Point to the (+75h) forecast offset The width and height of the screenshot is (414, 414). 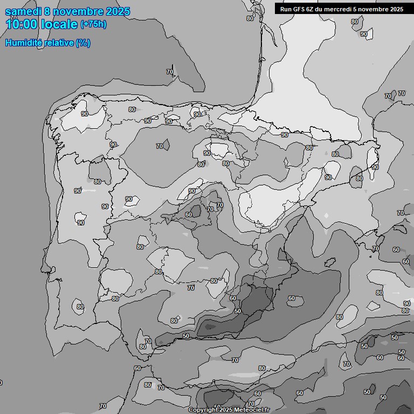pos(93,24)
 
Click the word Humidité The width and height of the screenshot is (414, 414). pos(22,43)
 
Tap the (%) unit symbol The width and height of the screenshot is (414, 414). pos(83,43)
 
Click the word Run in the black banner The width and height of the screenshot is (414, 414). pos(286,9)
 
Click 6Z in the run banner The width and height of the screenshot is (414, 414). pos(311,9)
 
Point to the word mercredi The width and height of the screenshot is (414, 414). pos(338,9)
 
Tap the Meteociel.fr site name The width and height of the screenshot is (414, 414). pos(252,410)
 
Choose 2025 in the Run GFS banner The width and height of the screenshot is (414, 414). pos(396,9)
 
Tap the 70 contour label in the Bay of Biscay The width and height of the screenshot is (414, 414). pos(170,72)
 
